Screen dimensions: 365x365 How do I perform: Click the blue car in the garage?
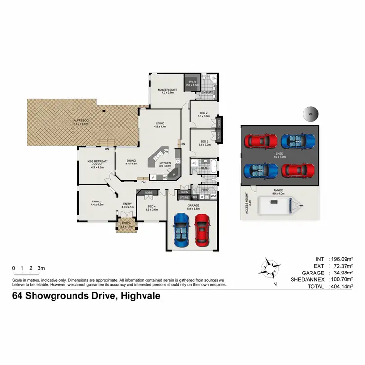[x=182, y=230]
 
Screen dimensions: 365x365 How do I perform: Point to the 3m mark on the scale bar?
[x=41, y=268]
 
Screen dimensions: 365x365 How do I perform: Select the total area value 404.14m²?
[x=341, y=287]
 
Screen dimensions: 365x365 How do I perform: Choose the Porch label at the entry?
[x=127, y=225]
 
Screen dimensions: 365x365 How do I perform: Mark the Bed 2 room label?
[x=203, y=114]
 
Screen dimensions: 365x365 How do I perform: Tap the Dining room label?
[x=130, y=162]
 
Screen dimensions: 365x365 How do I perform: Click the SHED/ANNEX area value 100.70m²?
[x=341, y=280]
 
